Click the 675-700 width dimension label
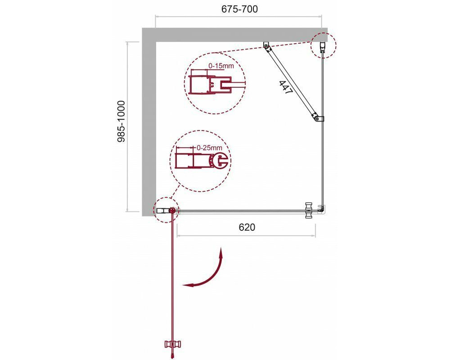pyautogui.click(x=239, y=9)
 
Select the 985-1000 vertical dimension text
pyautogui.click(x=121, y=121)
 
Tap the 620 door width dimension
pyautogui.click(x=247, y=227)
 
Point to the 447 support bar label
pyautogui.click(x=285, y=87)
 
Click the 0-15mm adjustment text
pyautogui.click(x=221, y=66)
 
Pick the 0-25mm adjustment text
pyautogui.click(x=210, y=148)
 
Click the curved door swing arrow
pyautogui.click(x=204, y=270)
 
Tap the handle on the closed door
pyautogui.click(x=309, y=211)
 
